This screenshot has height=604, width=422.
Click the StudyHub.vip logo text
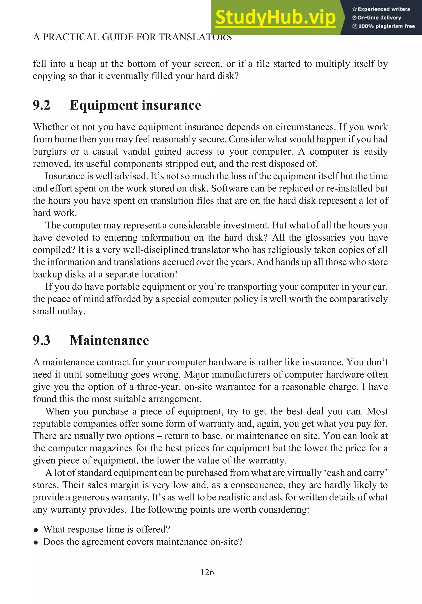275,17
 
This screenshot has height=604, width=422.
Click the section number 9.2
42,105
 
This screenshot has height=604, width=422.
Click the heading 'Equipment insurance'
135,105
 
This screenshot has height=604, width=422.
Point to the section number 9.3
42,340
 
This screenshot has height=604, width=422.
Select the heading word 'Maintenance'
109,340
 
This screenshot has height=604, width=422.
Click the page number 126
207,572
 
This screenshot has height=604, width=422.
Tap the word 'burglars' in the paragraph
49,152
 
